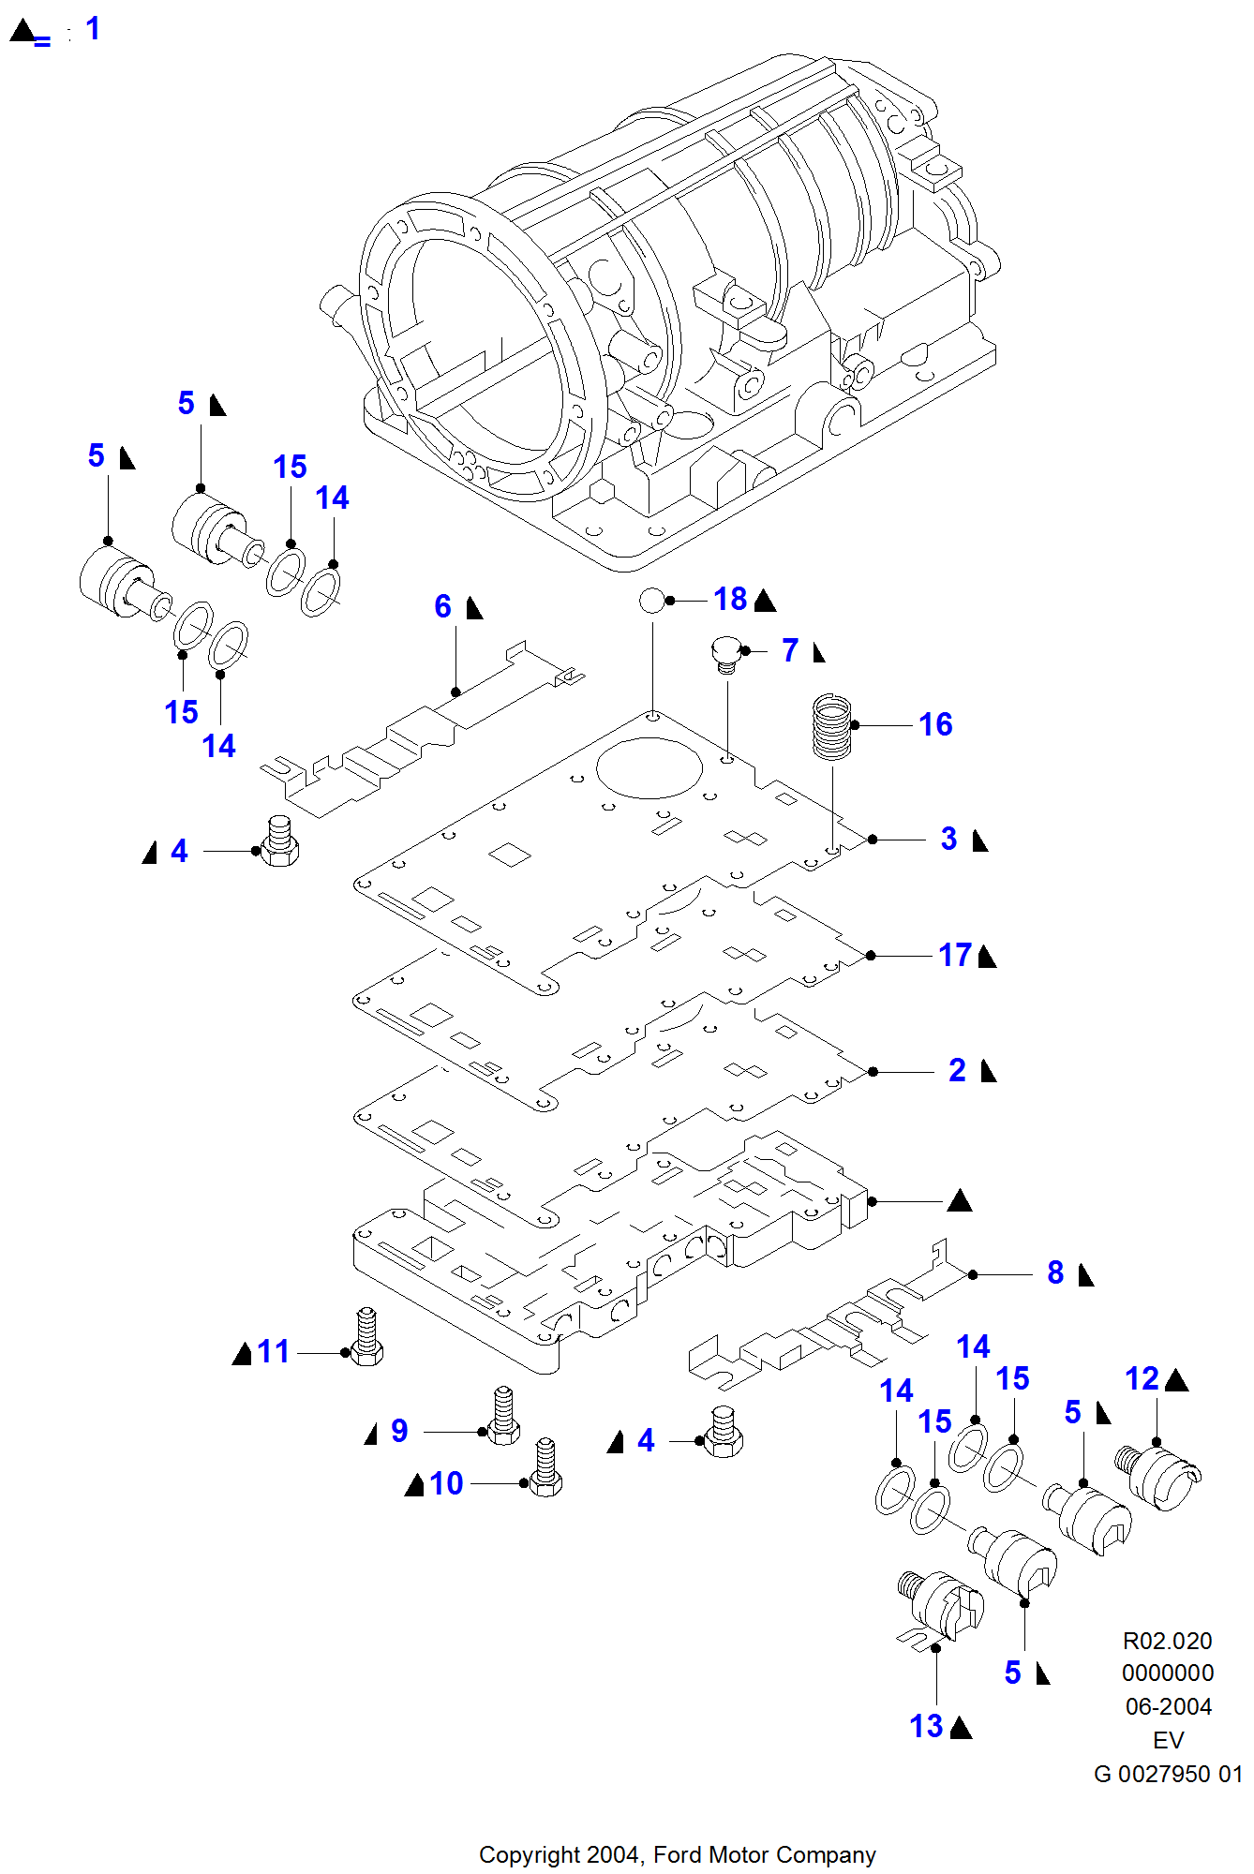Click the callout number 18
click(730, 600)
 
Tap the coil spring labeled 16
click(831, 726)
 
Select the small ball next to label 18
click(651, 600)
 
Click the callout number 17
click(955, 956)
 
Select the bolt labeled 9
click(504, 1417)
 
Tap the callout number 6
click(442, 607)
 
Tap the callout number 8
click(1055, 1273)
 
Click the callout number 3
click(948, 839)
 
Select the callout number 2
click(957, 1071)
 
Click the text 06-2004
click(1168, 1706)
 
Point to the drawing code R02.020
click(1167, 1641)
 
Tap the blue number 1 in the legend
click(93, 29)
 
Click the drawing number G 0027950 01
click(1168, 1774)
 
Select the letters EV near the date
click(1168, 1740)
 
